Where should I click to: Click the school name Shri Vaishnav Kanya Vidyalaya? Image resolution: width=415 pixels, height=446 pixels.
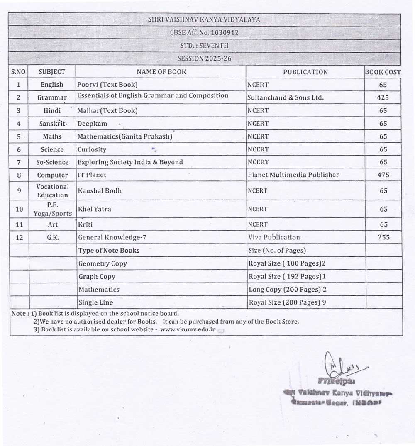point(204,20)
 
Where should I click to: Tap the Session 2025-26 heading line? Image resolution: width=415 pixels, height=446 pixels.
point(204,58)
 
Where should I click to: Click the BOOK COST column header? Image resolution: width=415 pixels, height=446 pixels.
point(383,72)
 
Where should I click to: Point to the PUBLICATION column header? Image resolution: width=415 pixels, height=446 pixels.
point(305,72)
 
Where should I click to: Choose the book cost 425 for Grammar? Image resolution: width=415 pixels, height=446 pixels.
point(383,97)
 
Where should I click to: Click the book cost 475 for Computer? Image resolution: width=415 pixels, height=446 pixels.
point(383,175)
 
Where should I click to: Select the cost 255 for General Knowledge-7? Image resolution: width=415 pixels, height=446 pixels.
point(383,237)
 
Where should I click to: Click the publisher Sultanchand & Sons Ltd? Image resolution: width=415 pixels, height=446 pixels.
point(285,98)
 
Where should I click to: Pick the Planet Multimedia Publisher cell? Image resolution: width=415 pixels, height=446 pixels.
point(293,175)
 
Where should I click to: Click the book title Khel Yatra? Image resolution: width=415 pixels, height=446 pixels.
point(95,209)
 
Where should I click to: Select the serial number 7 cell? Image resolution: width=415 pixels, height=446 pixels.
point(19,162)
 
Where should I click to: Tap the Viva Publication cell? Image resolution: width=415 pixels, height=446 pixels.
point(274,237)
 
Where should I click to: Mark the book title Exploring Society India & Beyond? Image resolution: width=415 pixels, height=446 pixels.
point(130,162)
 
